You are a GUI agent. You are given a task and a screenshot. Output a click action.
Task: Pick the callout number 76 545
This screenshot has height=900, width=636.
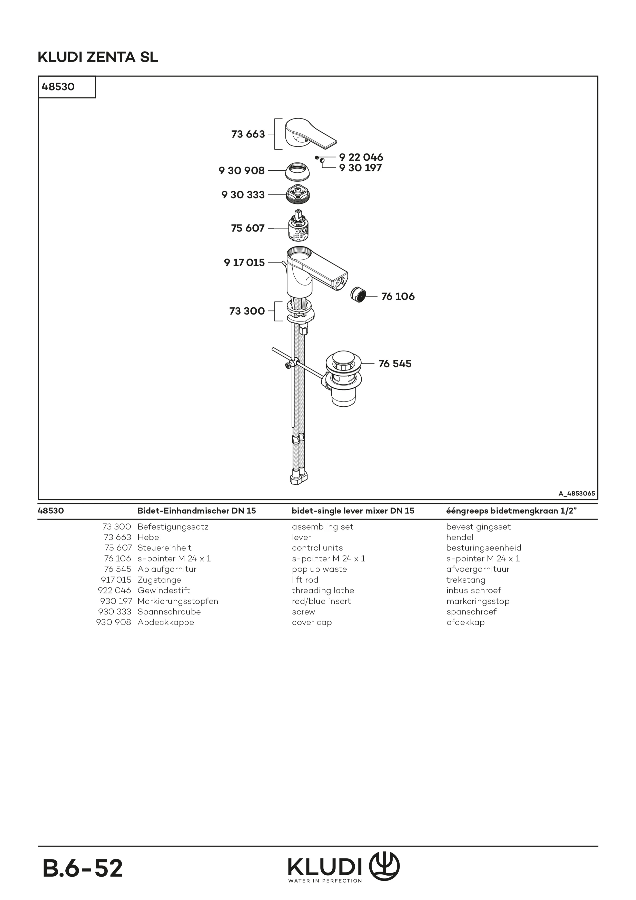pos(395,364)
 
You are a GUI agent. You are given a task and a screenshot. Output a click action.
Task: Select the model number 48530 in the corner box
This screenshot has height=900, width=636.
pos(58,87)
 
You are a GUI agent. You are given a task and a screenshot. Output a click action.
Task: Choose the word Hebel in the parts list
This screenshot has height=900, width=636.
pos(149,537)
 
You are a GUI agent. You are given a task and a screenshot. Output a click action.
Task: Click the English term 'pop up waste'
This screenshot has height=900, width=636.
pos(319,569)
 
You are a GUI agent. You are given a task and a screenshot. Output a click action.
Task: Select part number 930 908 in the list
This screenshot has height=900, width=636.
pos(114,622)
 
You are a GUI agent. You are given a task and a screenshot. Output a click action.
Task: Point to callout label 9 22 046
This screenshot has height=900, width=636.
pos(361,157)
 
